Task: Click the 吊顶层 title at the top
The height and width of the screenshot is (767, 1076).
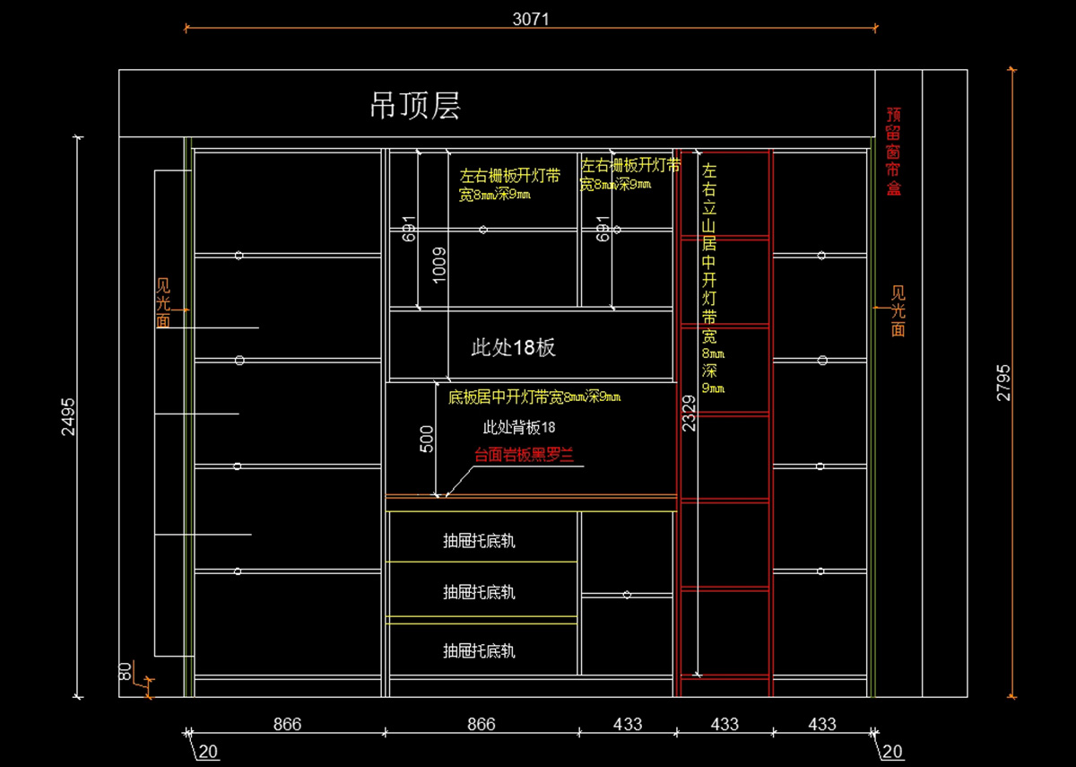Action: (x=415, y=106)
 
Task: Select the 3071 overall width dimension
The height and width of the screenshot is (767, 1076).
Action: (x=530, y=18)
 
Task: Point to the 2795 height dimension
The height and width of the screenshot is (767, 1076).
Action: (x=1003, y=382)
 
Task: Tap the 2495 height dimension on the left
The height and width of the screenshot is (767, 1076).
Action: (x=67, y=416)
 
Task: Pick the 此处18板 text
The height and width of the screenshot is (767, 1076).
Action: (x=513, y=347)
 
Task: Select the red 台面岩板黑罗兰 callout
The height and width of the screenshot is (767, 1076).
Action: (x=522, y=455)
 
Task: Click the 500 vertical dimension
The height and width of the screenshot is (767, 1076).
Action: (x=427, y=437)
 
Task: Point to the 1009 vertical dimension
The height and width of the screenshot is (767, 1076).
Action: (x=438, y=265)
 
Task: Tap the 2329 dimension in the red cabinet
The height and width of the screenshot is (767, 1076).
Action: (x=689, y=414)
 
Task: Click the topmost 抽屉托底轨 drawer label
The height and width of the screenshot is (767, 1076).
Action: (x=479, y=541)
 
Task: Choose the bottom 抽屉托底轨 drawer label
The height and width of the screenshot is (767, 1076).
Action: (x=479, y=650)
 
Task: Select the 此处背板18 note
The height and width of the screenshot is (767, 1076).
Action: (x=519, y=427)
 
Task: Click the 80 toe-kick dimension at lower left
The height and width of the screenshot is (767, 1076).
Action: (x=126, y=671)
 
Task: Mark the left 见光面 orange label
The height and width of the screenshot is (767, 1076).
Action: (x=163, y=303)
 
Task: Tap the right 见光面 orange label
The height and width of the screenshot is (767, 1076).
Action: (x=898, y=311)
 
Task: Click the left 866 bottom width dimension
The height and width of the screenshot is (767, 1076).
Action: (x=287, y=724)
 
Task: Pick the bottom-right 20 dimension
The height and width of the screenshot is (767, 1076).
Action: (x=892, y=752)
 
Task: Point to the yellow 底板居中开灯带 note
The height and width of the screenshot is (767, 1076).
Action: (x=534, y=396)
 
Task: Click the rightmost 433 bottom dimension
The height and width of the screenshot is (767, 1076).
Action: (x=821, y=724)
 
